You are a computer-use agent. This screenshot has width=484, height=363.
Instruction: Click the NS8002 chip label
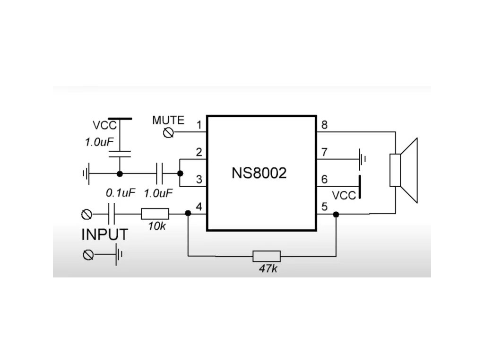click(259, 173)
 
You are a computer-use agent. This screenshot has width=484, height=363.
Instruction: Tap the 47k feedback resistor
click(267, 256)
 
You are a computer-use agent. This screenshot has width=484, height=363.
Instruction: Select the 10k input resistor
click(155, 214)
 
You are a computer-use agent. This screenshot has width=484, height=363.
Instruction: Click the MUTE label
click(168, 120)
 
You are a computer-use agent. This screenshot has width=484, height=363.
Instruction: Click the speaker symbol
click(405, 170)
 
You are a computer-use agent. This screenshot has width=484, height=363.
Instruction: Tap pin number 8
click(324, 125)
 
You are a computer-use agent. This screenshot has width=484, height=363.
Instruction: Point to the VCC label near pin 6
click(344, 195)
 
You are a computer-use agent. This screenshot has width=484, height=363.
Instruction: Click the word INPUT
click(104, 234)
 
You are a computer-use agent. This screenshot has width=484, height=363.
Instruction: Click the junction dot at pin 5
click(336, 214)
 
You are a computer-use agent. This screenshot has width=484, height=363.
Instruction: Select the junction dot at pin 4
click(188, 213)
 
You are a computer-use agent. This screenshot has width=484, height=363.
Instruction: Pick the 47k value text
click(268, 269)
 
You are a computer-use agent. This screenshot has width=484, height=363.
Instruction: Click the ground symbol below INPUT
click(119, 255)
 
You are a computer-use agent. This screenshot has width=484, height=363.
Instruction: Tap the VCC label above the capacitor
click(104, 126)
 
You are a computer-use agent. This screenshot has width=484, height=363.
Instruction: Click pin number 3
click(199, 180)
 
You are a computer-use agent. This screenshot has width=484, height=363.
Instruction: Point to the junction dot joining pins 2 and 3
click(180, 173)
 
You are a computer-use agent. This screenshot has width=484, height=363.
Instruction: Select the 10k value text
click(156, 226)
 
